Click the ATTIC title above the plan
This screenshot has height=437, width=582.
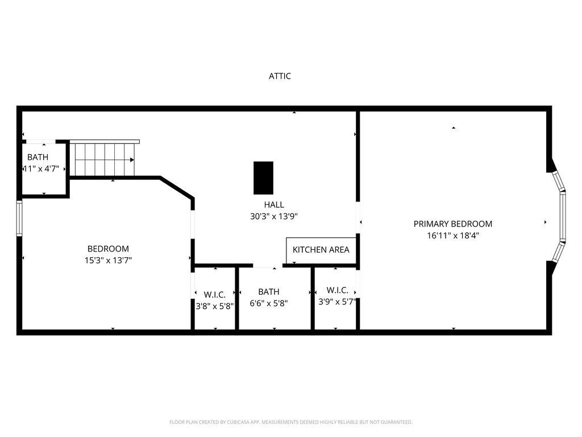(x=280, y=76)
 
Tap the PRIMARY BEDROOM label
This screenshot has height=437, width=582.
(x=452, y=224)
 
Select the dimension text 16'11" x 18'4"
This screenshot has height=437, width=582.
(x=452, y=235)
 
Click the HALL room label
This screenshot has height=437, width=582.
(x=273, y=205)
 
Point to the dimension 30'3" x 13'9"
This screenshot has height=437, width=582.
(x=273, y=216)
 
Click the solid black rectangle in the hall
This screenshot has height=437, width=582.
(x=263, y=178)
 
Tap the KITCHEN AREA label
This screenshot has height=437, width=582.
(x=321, y=250)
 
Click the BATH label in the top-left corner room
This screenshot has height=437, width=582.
(x=38, y=157)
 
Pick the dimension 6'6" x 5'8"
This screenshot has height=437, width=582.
(x=269, y=303)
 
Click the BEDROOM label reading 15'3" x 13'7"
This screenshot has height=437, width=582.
(x=108, y=249)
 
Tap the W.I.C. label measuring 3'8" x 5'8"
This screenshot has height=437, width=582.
(x=214, y=295)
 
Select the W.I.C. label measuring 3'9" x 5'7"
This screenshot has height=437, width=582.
(x=336, y=290)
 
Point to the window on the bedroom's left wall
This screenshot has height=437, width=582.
(x=19, y=218)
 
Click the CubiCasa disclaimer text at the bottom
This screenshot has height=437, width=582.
(x=290, y=422)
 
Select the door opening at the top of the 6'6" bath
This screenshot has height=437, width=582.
(x=267, y=265)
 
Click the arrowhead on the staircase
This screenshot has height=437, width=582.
(x=132, y=160)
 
